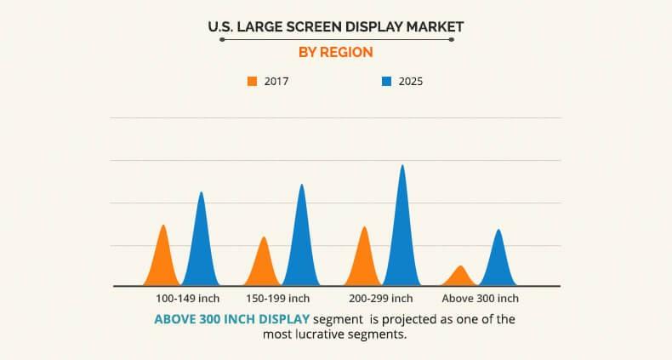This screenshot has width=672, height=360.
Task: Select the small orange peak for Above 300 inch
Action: pos(460,277)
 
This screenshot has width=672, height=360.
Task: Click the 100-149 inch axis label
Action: pos(187,299)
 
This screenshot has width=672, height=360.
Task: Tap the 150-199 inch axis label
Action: pos(277,299)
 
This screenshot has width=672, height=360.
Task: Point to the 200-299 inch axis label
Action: pos(380,299)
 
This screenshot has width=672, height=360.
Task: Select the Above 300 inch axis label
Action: pos(480,299)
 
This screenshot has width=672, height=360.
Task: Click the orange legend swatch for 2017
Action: pos(252,82)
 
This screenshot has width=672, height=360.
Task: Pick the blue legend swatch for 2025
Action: pos(386,82)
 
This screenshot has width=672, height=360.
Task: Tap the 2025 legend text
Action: pos(410,82)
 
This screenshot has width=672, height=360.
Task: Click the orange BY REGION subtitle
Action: pos(335,52)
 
